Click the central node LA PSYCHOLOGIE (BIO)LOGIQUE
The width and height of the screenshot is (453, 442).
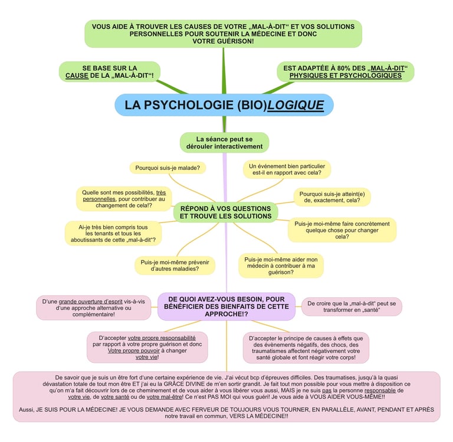point(224,105)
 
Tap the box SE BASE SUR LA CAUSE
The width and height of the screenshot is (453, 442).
point(110,72)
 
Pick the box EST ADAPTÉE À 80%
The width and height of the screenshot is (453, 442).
point(345,72)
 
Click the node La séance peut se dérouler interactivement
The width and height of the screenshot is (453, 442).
point(224,142)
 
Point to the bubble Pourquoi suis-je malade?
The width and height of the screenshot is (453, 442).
point(167,168)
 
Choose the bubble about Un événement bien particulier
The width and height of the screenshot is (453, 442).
point(286,169)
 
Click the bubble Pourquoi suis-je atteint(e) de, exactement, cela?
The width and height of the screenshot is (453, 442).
point(331,197)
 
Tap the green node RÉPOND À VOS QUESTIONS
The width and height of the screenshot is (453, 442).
point(225,212)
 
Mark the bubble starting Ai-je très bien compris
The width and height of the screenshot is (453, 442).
point(113,234)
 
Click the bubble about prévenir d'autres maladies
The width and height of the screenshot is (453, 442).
point(175,265)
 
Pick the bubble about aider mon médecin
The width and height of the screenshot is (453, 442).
point(281,266)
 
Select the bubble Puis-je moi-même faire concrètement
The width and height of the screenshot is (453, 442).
point(342,230)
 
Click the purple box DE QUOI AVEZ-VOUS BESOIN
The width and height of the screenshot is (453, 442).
point(226,306)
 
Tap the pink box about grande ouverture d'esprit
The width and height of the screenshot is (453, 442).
point(94,308)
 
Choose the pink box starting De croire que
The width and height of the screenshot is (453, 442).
point(352,306)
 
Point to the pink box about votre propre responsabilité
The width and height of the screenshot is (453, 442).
point(147,348)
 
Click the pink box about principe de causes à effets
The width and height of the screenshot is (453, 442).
point(306,348)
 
